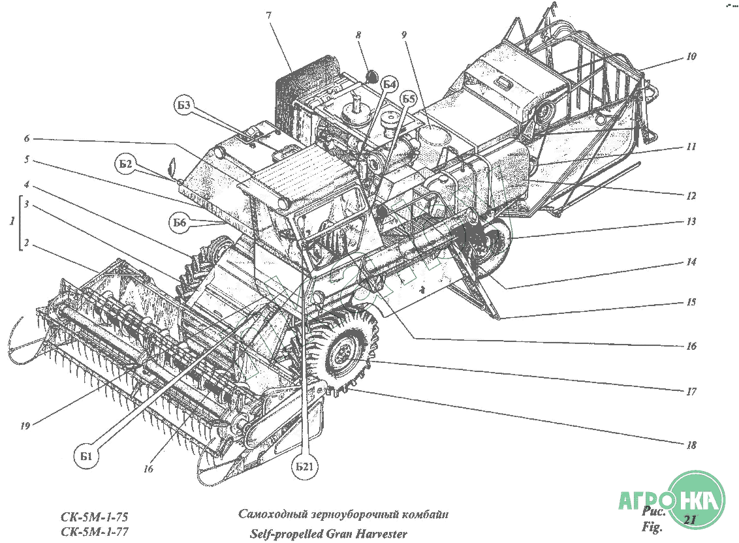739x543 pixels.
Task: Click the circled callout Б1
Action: [x=86, y=456]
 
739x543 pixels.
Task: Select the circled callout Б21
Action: [x=305, y=467]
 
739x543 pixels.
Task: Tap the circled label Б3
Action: [x=184, y=105]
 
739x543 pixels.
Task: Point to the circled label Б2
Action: [x=125, y=164]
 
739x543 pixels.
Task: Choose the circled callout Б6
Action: [x=180, y=223]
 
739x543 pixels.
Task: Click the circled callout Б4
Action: [x=388, y=85]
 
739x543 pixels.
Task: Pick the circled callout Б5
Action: [x=409, y=99]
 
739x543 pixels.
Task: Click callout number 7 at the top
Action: [x=269, y=16]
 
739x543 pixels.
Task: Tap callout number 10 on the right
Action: [x=691, y=57]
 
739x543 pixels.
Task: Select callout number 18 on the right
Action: [x=691, y=444]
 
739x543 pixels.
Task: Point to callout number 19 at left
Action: [x=25, y=426]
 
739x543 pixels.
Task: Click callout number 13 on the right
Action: [x=691, y=221]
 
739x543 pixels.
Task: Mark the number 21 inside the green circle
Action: [x=689, y=520]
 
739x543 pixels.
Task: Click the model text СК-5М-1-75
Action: [x=94, y=516]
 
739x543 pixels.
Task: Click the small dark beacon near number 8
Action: [x=372, y=76]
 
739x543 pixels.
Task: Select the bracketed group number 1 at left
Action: [x=12, y=221]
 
